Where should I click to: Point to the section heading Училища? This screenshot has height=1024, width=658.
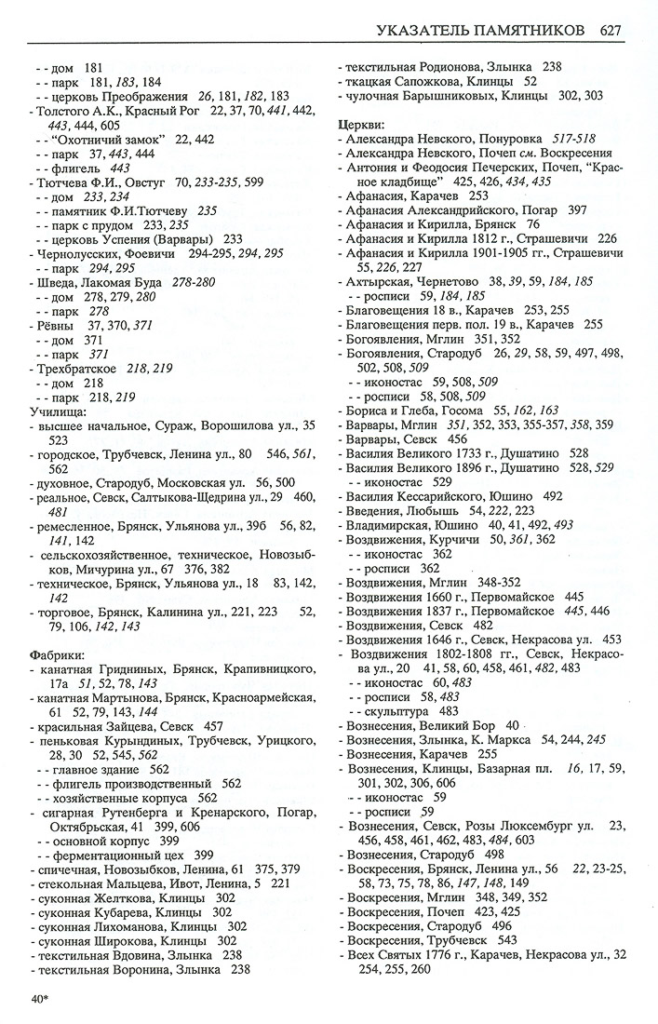click(57, 410)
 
